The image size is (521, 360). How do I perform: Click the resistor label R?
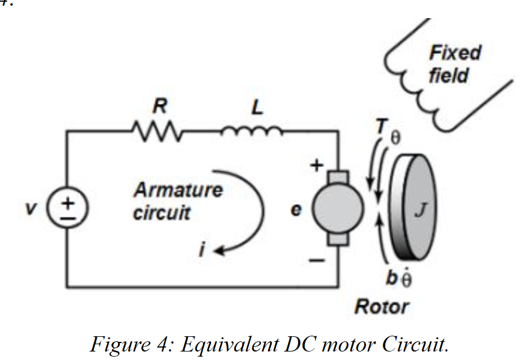pyautogui.click(x=160, y=106)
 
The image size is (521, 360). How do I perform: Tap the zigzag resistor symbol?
pyautogui.click(x=157, y=131)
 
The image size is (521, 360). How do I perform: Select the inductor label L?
pyautogui.click(x=257, y=107)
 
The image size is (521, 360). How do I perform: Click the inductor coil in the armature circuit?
pyautogui.click(x=252, y=132)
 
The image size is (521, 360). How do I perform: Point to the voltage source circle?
pyautogui.click(x=68, y=207)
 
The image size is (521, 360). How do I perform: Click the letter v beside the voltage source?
pyautogui.click(x=31, y=208)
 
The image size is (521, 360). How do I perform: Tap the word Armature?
pyautogui.click(x=178, y=190)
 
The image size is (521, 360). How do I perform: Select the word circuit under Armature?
pyautogui.click(x=161, y=212)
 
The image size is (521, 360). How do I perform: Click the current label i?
pyautogui.click(x=202, y=249)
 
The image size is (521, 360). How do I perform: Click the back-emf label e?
pyautogui.click(x=296, y=210)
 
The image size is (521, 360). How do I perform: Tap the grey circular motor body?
pyautogui.click(x=338, y=208)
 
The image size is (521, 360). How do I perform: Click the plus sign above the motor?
pyautogui.click(x=317, y=164)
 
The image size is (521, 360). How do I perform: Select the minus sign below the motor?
pyautogui.click(x=317, y=261)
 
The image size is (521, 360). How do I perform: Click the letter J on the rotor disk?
pyautogui.click(x=421, y=210)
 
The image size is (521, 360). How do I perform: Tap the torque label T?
pyautogui.click(x=382, y=126)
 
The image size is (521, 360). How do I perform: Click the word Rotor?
pyautogui.click(x=381, y=306)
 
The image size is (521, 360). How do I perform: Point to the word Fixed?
pyautogui.click(x=455, y=53)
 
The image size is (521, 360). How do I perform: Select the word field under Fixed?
pyautogui.click(x=448, y=75)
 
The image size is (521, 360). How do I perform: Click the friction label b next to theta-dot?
pyautogui.click(x=391, y=277)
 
